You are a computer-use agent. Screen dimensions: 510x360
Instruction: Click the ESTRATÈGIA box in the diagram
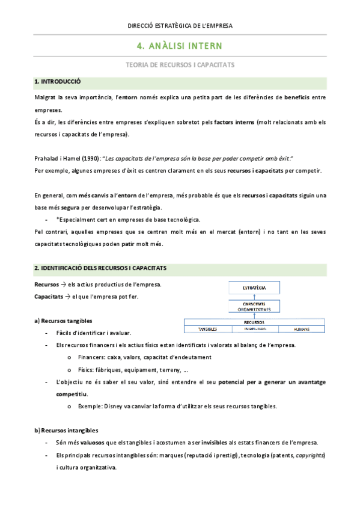254,288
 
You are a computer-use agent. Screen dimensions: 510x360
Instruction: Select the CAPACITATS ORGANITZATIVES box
254,307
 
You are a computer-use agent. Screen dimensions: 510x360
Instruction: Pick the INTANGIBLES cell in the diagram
255,329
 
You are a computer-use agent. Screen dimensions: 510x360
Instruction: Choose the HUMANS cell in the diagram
302,329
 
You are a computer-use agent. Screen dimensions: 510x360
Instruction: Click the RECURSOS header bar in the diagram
254,322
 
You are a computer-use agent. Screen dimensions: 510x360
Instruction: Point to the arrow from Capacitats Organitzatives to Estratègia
254,297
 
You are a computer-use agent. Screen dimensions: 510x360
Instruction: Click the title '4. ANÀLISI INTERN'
180,46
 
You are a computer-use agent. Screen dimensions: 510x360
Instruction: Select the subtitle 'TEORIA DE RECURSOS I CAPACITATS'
180,64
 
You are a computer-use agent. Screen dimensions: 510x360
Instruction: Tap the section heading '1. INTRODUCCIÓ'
58,81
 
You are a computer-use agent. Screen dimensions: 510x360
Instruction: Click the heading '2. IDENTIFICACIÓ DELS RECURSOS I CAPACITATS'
100,268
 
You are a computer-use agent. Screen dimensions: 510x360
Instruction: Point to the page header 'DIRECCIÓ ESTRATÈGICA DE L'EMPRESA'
180,25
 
